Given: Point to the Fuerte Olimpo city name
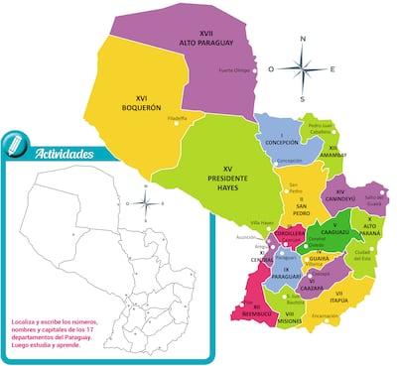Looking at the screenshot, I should tap(233, 69).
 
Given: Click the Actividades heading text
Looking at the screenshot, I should tap(65, 154).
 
